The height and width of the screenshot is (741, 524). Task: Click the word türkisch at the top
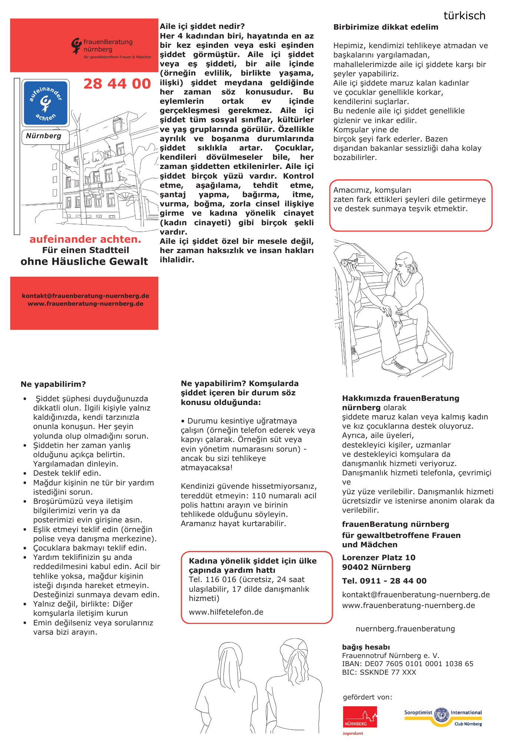464,16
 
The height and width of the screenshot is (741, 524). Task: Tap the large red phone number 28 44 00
117,84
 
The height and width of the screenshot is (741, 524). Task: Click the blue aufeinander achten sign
46,103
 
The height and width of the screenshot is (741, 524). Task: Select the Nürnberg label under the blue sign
44,136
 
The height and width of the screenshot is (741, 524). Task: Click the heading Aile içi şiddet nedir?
202,26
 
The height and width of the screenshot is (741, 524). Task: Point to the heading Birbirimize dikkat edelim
386,27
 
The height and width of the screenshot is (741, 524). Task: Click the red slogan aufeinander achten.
85,239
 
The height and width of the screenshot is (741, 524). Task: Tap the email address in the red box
86,296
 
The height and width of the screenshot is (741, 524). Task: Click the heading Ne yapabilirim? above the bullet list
53,384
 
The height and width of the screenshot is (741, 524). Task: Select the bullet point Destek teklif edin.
67,473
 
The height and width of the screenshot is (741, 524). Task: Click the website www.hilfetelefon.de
226,612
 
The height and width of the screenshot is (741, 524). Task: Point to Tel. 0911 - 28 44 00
384,581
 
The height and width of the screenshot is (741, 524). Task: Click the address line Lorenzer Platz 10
379,558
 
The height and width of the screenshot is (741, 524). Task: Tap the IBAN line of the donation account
408,664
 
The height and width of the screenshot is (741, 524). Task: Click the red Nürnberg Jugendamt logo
359,718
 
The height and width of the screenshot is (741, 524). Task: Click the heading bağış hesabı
366,647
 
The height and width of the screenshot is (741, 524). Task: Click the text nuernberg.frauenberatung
405,629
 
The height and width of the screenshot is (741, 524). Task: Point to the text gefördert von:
367,697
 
